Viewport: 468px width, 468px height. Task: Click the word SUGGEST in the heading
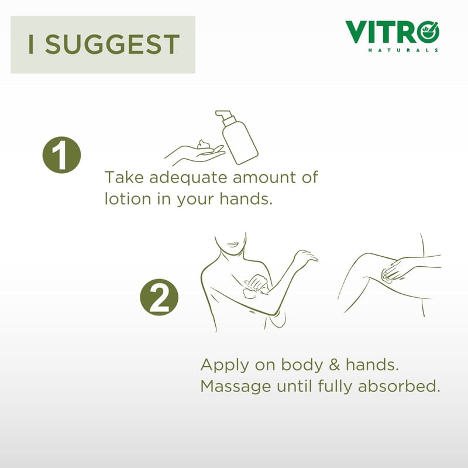[112, 44]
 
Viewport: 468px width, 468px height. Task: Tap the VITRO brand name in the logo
[392, 32]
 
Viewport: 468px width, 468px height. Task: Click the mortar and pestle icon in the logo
[429, 32]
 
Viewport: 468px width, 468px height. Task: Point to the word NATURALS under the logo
[403, 50]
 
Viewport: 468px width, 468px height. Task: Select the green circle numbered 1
[61, 155]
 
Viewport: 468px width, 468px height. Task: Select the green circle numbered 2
[159, 297]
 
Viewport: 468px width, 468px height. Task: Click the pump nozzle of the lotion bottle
[225, 116]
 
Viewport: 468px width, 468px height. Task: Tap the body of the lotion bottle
[240, 143]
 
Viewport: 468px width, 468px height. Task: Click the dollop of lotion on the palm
[205, 144]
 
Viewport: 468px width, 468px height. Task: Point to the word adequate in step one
[188, 178]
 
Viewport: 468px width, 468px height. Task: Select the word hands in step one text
[246, 198]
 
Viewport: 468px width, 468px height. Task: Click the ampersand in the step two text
[334, 365]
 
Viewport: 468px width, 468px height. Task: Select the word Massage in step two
[236, 387]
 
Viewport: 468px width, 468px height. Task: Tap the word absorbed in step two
[399, 386]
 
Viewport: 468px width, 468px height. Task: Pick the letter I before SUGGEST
[30, 44]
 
